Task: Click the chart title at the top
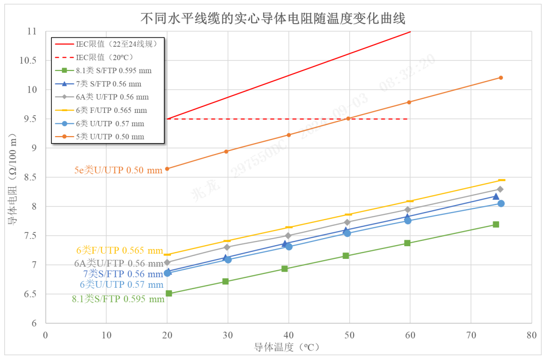[273, 18]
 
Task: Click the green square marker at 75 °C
[496, 224]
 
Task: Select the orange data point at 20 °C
[167, 169]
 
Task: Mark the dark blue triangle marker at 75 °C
[496, 197]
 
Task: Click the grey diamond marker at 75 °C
[500, 189]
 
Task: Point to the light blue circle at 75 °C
[501, 203]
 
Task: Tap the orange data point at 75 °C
[501, 77]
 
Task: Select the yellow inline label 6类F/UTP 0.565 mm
[119, 250]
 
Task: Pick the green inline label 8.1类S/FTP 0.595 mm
[118, 299]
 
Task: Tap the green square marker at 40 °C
[285, 269]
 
